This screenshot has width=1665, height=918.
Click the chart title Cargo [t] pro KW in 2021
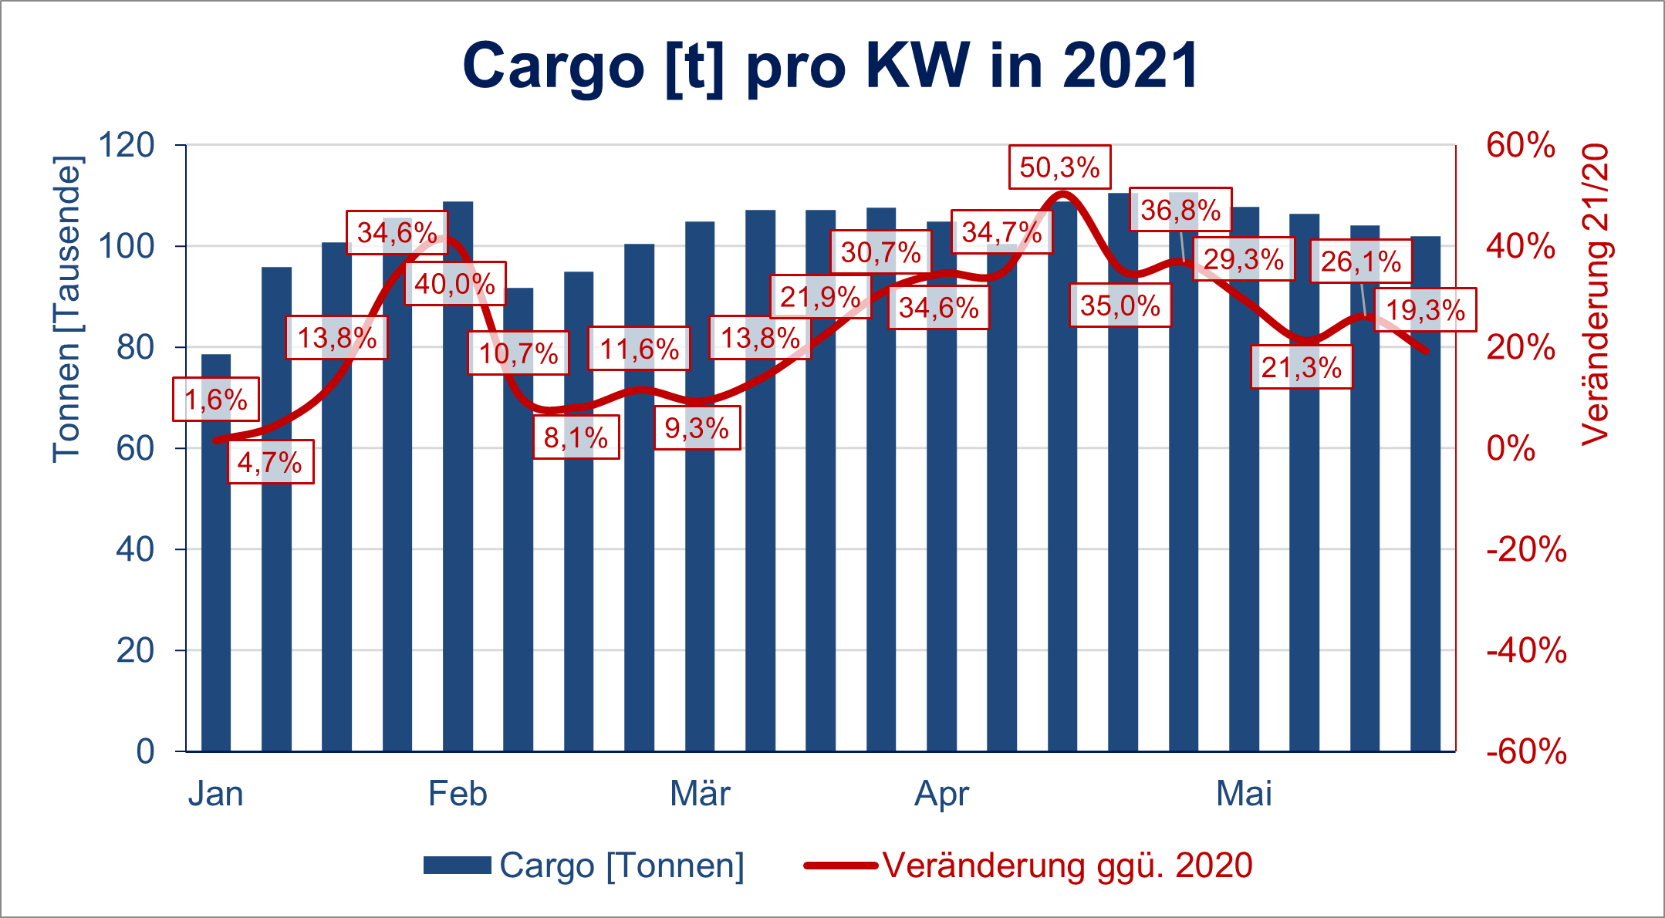[831, 66]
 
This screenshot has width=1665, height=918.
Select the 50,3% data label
[1059, 167]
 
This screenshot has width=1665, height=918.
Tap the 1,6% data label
[215, 400]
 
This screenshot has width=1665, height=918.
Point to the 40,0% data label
[455, 284]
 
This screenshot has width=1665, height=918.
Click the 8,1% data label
[576, 438]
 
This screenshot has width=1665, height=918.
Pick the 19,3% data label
[1425, 310]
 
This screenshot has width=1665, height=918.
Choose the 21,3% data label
[1301, 367]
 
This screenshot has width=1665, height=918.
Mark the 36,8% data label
[1180, 209]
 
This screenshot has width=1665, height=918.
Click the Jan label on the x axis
[215, 794]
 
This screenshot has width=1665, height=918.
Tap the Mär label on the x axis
[700, 794]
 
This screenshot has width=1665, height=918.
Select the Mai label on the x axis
[1244, 794]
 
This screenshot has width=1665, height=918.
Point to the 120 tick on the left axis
[127, 145]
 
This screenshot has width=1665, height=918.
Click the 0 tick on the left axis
[145, 751]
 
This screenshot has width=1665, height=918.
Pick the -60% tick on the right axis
[1526, 751]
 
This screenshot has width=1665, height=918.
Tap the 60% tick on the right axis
[1520, 145]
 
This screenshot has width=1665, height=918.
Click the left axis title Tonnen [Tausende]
[66, 309]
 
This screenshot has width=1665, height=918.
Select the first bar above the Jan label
[216, 552]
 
